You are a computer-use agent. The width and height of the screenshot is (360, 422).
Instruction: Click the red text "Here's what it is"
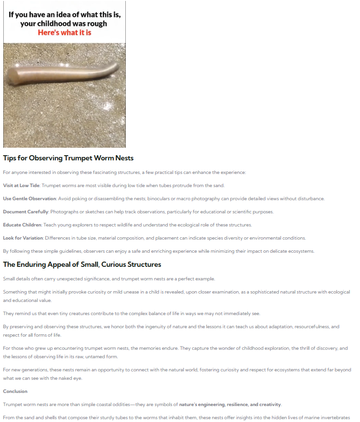coord(64,33)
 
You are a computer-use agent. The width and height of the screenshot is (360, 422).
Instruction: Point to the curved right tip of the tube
coord(118,65)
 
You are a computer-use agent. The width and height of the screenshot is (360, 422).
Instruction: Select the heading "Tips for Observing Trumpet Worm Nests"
coord(68,158)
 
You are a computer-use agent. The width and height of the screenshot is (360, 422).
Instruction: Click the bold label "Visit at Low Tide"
coord(21,185)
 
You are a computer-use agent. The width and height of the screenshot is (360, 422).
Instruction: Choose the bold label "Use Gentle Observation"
coord(30,198)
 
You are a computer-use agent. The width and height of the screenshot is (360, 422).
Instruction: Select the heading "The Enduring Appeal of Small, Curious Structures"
coord(82,264)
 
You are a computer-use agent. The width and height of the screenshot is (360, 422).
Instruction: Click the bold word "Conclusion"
coord(15,391)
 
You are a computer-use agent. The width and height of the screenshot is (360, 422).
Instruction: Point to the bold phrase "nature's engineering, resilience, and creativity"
coord(230,404)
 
